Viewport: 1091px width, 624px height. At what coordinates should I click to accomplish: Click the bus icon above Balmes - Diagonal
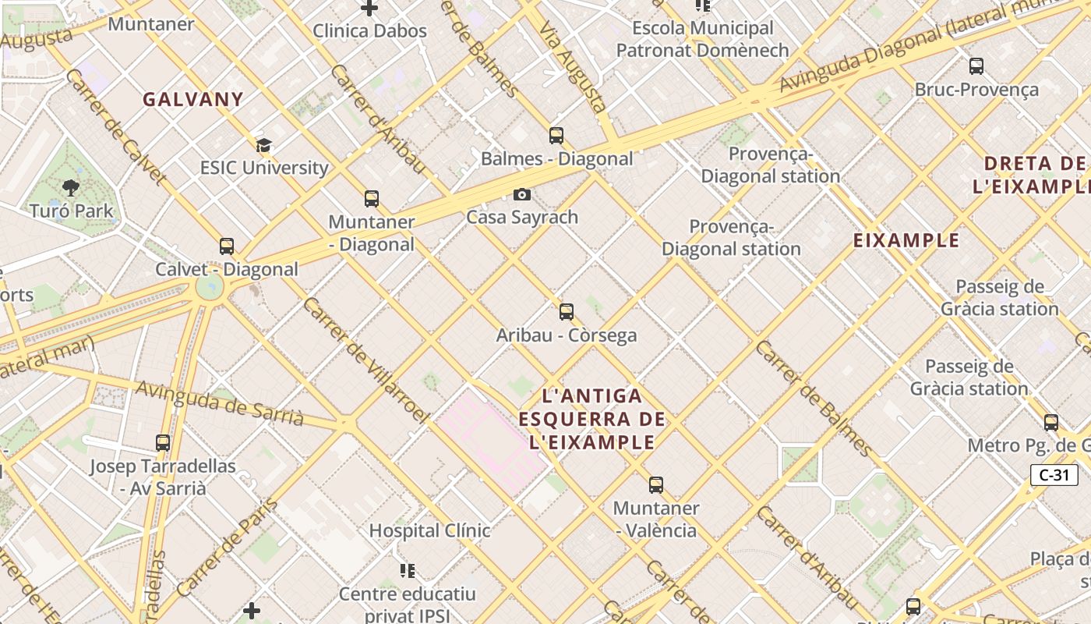[556, 136]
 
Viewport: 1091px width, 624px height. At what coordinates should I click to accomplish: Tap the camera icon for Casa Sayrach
[521, 194]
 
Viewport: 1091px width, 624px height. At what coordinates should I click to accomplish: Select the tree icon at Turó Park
[71, 188]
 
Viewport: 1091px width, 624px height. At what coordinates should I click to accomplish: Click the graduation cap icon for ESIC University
[263, 145]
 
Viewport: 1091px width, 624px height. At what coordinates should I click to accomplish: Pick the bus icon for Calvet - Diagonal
[227, 246]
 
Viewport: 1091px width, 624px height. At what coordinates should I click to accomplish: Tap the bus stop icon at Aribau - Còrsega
[567, 312]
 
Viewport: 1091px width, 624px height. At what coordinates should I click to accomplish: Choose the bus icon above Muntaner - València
[656, 485]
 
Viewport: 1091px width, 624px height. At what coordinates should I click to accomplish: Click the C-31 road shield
[1054, 474]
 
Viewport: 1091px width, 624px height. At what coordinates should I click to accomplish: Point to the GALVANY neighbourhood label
[193, 100]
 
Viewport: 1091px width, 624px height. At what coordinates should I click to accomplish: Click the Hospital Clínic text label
[429, 530]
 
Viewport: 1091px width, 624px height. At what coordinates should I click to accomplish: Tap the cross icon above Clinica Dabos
[369, 9]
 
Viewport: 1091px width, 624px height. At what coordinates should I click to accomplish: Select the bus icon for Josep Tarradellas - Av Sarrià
[162, 443]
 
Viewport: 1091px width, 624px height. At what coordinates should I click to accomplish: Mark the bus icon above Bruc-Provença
[976, 66]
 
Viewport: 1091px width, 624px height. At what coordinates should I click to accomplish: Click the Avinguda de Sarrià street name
[220, 402]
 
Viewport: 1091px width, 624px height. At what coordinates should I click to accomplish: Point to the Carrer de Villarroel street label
[365, 361]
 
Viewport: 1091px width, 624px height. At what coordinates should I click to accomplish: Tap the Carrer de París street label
[228, 548]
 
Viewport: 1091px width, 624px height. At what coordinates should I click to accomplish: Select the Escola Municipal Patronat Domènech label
[702, 39]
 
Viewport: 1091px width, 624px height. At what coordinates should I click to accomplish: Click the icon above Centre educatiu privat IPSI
[407, 571]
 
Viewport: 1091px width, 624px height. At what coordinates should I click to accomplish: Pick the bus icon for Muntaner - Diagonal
[372, 199]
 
